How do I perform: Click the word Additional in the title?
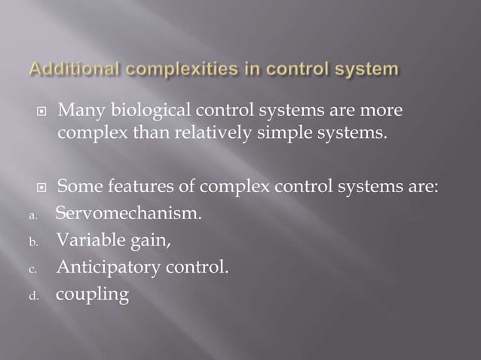pyautogui.click(x=70, y=72)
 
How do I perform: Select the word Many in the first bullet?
pyautogui.click(x=78, y=112)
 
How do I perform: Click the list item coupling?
pyautogui.click(x=93, y=295)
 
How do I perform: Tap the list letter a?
pyautogui.click(x=33, y=215)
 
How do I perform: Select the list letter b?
pyautogui.click(x=33, y=243)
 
